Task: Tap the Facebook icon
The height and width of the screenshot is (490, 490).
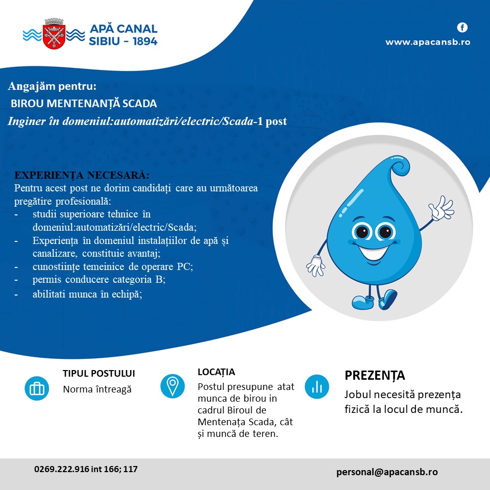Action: tap(462, 28)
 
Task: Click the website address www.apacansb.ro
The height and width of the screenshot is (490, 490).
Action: tap(427, 42)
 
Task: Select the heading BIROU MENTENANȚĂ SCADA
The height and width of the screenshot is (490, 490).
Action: tap(84, 104)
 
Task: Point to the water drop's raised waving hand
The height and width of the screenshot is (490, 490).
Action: tap(441, 208)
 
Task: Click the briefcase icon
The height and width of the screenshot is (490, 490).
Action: tap(37, 388)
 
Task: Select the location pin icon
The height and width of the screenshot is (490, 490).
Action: tap(173, 386)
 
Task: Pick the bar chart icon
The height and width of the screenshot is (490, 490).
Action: tap(317, 386)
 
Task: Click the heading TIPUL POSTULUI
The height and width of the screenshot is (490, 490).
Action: tap(99, 374)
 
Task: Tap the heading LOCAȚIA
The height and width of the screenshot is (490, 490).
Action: tap(216, 372)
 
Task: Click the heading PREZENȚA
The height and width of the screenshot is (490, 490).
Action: tap(375, 376)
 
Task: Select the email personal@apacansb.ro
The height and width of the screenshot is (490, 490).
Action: tap(387, 472)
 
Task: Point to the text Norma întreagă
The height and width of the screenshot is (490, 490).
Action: tap(97, 389)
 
